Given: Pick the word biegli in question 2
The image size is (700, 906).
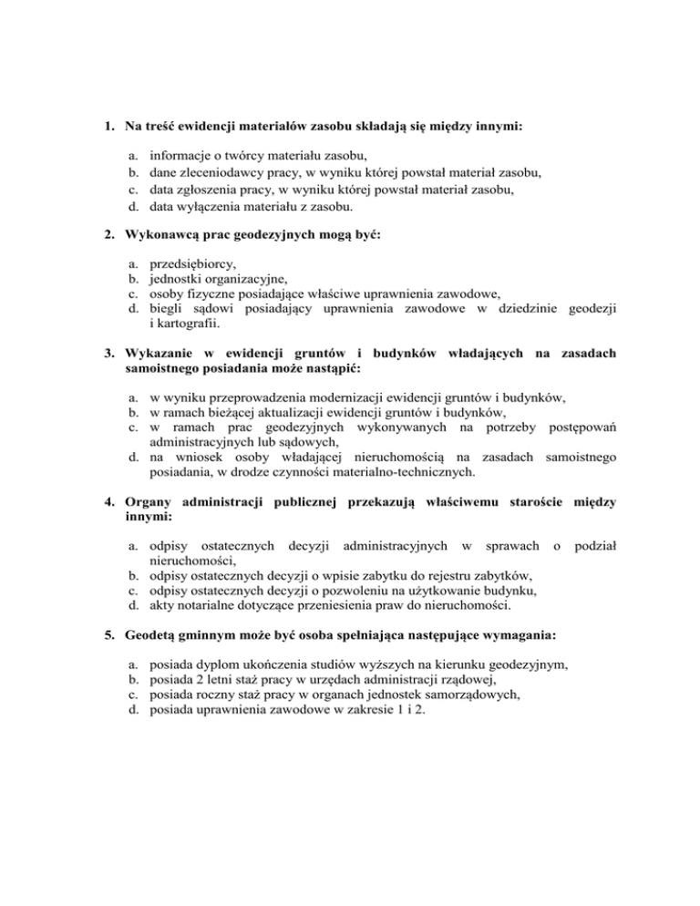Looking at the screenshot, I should point(166,309).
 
